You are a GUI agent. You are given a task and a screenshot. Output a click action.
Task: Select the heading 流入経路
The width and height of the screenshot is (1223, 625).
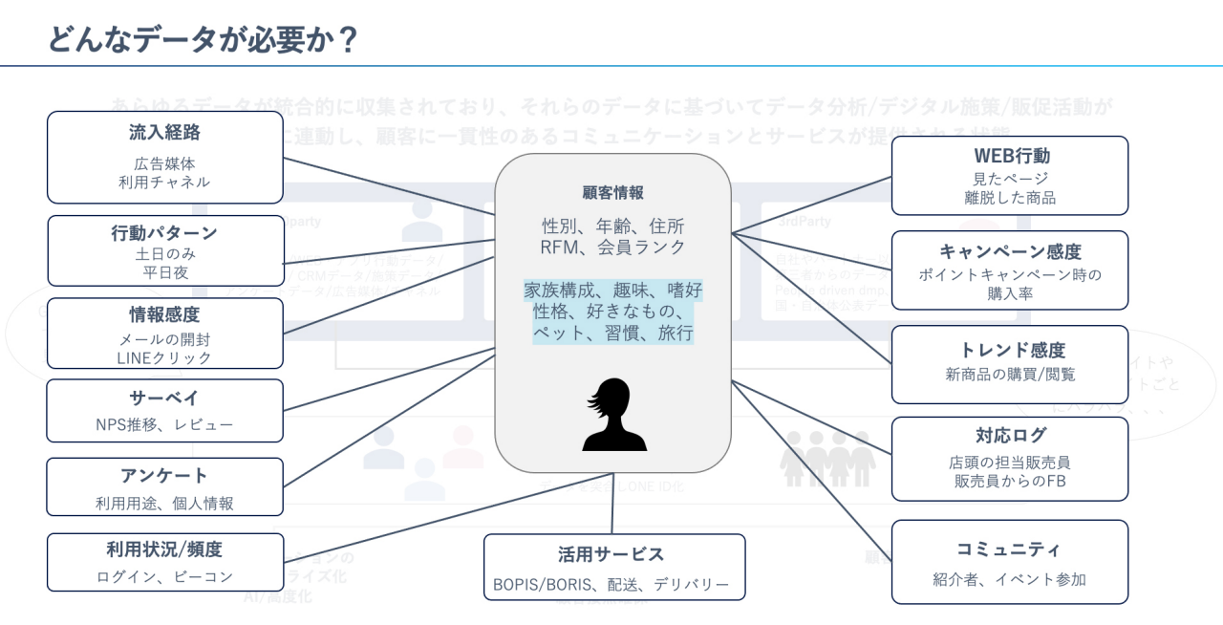coord(165,133)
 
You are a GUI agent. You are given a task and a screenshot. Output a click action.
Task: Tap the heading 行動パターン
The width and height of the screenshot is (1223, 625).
coord(165,232)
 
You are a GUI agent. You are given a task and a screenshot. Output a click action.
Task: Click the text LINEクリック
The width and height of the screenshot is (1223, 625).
coord(165,357)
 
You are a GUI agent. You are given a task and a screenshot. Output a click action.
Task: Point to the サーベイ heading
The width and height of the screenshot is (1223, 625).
coord(165,397)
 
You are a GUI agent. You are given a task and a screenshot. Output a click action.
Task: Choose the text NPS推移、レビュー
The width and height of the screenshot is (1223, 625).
coord(165,424)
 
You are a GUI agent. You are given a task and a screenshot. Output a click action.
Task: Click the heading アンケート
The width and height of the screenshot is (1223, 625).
coord(165,475)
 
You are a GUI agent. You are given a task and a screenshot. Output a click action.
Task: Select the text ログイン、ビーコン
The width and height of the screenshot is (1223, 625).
coord(165,576)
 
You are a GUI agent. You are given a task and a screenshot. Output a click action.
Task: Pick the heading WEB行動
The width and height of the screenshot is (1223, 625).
coord(1010,155)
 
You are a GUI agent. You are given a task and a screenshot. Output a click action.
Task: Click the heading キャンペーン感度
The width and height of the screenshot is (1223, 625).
coord(1010,251)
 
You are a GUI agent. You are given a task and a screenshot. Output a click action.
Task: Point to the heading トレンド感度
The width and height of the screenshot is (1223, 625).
coord(1010,350)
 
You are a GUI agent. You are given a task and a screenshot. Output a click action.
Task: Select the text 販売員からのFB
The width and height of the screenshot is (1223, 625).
coord(1010,481)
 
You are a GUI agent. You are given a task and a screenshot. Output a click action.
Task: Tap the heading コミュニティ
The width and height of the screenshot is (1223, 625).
coord(1010,549)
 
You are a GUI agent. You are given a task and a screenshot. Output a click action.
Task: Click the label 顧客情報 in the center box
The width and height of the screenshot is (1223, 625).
coord(612,192)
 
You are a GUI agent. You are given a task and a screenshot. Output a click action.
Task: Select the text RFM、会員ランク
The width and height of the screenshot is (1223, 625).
coord(612,247)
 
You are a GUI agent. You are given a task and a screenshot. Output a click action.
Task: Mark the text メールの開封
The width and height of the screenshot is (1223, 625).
coord(165,338)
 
